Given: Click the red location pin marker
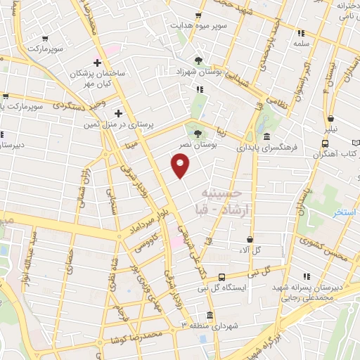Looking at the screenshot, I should click(181, 165).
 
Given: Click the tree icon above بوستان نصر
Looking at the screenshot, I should click(198, 132).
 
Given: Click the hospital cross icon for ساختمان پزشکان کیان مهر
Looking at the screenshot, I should click(97, 63).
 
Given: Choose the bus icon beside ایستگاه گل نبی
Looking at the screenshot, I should click(222, 277).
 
